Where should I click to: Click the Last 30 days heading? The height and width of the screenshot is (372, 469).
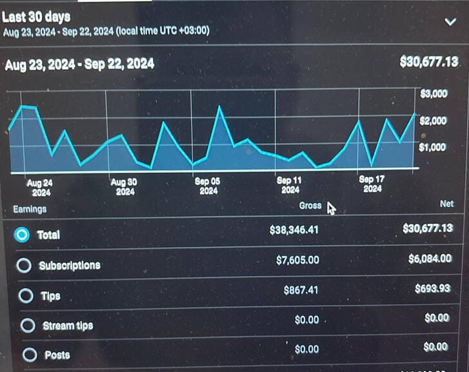click(36, 17)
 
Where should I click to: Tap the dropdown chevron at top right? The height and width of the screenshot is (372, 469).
click(450, 21)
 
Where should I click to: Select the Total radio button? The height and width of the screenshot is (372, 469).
click(23, 235)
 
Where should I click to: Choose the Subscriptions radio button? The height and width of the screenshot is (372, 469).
click(24, 265)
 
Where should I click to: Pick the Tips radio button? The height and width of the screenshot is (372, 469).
click(25, 296)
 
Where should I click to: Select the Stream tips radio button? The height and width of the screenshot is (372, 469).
click(28, 326)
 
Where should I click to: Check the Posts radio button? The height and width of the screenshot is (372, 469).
click(29, 355)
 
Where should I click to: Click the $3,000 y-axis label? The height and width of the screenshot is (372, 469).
click(434, 94)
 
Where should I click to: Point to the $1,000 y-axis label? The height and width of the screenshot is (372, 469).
click(433, 148)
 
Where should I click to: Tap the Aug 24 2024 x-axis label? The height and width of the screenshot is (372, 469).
click(40, 188)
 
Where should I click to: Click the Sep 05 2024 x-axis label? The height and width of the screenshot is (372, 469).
click(208, 186)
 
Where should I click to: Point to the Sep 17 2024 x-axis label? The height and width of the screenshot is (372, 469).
click(372, 184)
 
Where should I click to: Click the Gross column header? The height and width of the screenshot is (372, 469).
click(310, 206)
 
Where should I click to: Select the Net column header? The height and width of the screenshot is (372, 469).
click(446, 204)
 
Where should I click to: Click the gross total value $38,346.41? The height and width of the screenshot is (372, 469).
click(294, 230)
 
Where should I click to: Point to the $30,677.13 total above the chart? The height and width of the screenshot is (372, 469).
click(429, 62)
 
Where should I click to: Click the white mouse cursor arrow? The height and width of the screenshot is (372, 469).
click(331, 209)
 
